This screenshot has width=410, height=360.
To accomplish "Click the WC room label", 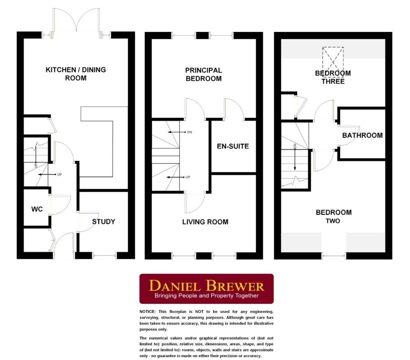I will coord(37,209).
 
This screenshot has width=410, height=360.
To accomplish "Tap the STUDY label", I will coord(104,222).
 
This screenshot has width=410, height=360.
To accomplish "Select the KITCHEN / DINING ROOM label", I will coord(76,74).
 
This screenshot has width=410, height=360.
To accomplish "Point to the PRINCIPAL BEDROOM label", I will coord(204,74).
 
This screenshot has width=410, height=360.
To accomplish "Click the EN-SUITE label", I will coord(233,146).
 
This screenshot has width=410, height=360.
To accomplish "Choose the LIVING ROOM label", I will coord(205,222).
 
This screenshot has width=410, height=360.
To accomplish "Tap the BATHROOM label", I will coord(362,135).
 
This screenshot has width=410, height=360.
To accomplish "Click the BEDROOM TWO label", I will coord(333,216).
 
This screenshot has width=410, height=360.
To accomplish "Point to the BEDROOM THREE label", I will coord(333,77).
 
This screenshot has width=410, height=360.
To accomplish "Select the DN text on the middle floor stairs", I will coord(190,132).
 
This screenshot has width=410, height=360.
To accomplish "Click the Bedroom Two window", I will coord(333,256).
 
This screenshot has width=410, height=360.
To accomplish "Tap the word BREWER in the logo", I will coord(235,286).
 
